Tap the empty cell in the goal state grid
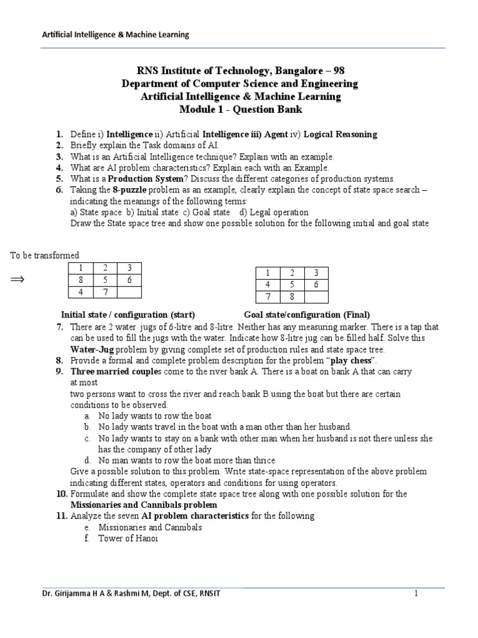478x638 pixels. coord(316,297)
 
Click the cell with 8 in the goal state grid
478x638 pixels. coord(292,297)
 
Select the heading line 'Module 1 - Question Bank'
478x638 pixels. coord(238,109)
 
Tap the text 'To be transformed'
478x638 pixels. coord(45,255)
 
